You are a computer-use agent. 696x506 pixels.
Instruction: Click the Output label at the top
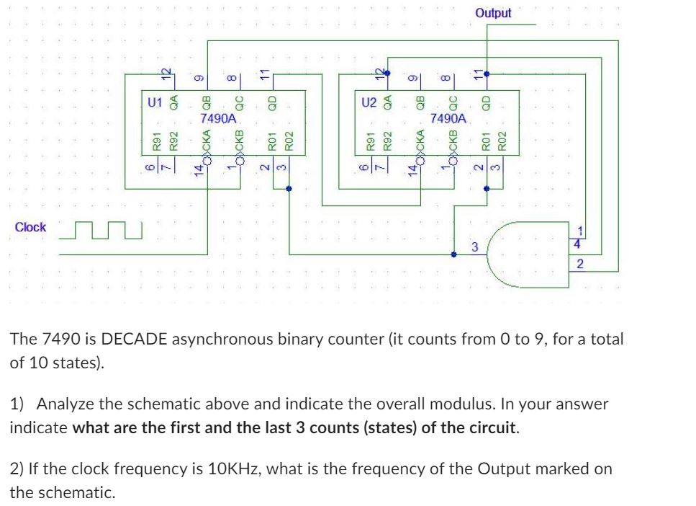click(x=493, y=13)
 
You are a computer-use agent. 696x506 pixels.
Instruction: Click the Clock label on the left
click(x=30, y=227)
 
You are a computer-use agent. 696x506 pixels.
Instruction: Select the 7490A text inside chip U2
click(x=448, y=117)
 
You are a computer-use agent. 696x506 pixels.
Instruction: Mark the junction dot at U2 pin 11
click(x=487, y=74)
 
